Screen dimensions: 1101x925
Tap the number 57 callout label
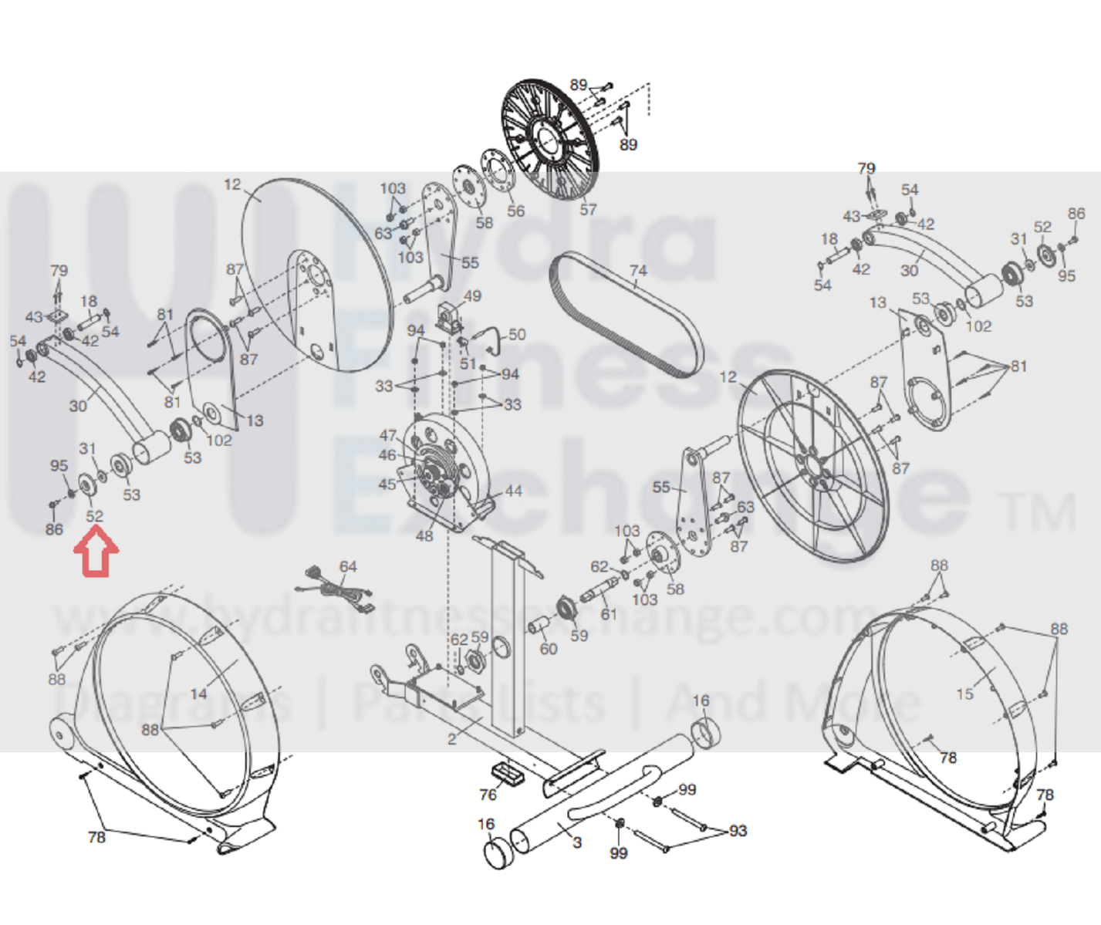tap(588, 209)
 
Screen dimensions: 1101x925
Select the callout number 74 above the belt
tap(637, 271)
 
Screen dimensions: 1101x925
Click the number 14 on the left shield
tap(199, 694)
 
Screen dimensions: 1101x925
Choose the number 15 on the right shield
tap(964, 694)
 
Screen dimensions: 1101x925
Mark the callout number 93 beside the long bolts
tap(738, 831)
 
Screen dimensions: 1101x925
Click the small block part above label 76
tap(506, 771)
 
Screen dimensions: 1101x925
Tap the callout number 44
tap(513, 491)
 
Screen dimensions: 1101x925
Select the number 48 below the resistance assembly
tap(424, 535)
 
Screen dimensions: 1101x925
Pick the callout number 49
tap(472, 296)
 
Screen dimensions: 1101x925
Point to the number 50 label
tap(517, 335)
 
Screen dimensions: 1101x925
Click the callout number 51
tap(468, 363)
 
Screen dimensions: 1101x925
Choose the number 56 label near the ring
tap(515, 211)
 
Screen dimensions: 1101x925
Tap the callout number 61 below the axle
tap(609, 614)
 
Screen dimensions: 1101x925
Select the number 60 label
tap(548, 649)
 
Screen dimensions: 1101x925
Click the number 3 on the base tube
tap(577, 842)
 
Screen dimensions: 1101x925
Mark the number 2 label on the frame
tap(452, 739)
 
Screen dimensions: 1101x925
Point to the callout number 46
tap(387, 455)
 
